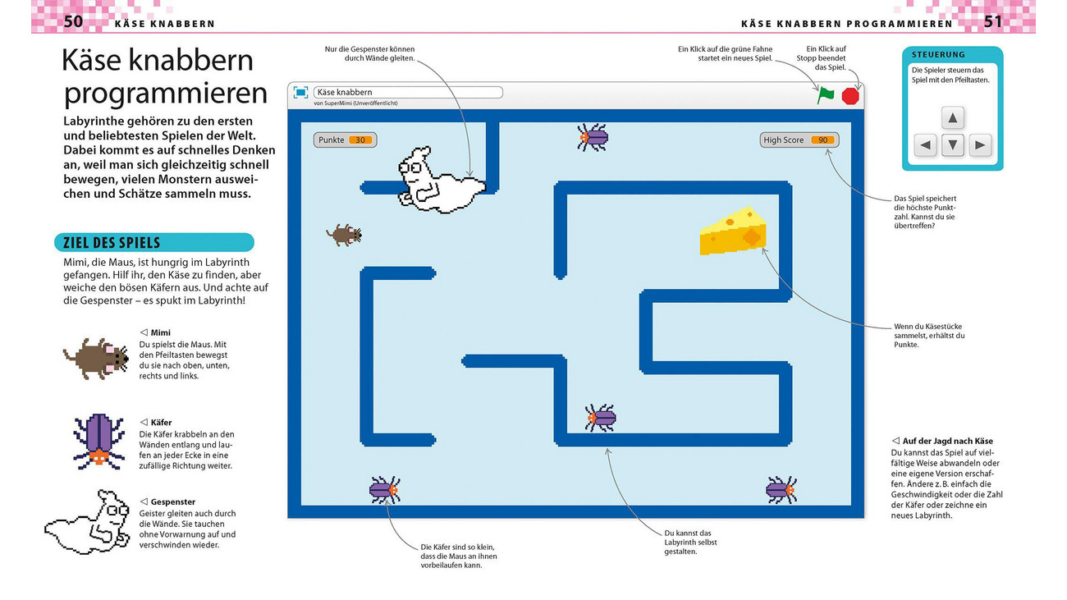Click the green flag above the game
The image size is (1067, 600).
825,95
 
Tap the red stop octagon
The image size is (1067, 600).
850,96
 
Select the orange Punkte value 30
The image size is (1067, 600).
359,140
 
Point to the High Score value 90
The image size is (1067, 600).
822,140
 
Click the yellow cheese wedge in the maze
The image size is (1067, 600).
733,231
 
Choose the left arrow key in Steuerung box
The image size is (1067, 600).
925,146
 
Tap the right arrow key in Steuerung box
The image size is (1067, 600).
979,146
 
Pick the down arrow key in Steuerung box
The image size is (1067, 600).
952,146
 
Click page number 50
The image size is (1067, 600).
73,21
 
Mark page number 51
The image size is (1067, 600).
993,21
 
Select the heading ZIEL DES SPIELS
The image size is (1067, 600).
108,243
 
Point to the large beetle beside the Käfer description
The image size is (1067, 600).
98,440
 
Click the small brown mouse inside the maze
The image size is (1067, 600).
344,236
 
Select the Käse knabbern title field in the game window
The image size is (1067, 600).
407,92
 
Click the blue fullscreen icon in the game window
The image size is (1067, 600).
300,93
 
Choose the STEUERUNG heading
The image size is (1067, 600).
937,54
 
